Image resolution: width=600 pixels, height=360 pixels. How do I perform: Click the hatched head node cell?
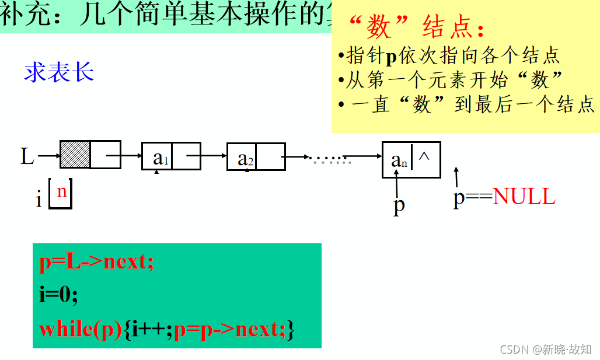tap(75, 155)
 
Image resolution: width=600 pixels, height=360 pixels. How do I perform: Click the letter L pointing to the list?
tap(27, 156)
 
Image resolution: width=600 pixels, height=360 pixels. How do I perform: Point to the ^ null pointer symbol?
tap(424, 156)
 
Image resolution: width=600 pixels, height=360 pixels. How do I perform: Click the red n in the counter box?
tap(61, 191)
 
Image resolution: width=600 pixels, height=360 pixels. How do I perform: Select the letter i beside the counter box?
tap(39, 200)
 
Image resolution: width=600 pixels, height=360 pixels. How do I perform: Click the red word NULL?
tap(524, 197)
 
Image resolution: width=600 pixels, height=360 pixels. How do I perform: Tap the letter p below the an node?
tap(399, 205)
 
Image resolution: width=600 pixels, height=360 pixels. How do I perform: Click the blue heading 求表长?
tap(59, 72)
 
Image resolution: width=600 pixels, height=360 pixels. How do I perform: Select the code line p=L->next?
tap(96, 263)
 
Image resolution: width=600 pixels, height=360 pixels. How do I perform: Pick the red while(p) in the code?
tap(81, 329)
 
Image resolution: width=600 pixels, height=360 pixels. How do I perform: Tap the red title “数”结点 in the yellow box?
tap(416, 27)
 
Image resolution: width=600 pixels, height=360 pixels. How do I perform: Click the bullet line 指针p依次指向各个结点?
tap(449, 55)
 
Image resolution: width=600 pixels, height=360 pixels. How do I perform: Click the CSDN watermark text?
tap(546, 349)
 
